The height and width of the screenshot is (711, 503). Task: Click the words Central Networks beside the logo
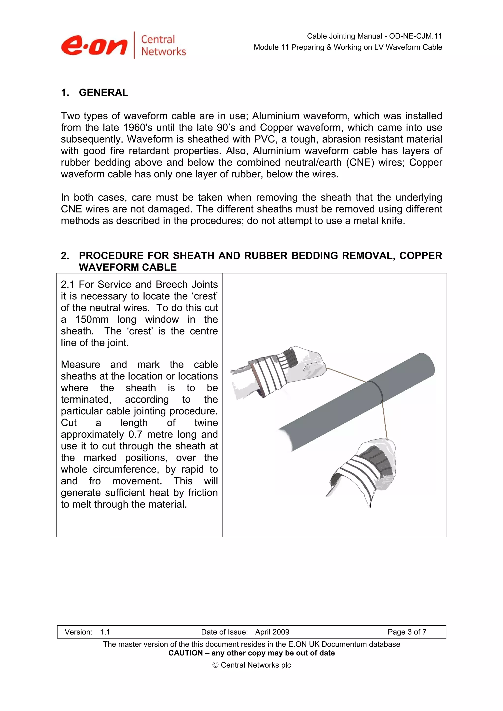click(163, 45)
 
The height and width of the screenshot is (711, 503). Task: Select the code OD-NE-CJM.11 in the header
click(415, 36)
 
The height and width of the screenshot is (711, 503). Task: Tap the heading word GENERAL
click(103, 92)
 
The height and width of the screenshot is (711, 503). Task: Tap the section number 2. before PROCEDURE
click(65, 256)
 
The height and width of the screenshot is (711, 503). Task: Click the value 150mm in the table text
click(92, 320)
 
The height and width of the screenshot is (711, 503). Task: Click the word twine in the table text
click(206, 423)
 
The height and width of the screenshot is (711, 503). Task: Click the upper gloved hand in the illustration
click(279, 372)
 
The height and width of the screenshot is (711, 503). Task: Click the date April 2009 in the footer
click(272, 632)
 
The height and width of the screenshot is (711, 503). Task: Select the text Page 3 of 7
click(407, 632)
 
